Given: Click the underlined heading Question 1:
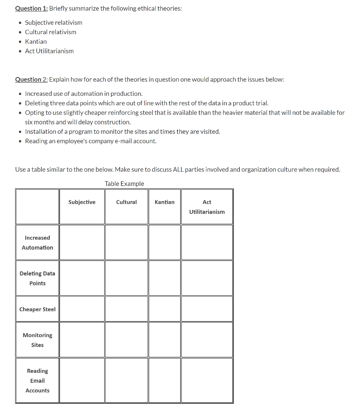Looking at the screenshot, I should (31, 8).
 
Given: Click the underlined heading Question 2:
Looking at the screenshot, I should (31, 79).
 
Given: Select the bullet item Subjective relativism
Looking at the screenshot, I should (54, 23).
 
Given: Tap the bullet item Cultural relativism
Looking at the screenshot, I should (51, 32).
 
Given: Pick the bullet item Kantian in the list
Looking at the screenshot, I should (36, 41).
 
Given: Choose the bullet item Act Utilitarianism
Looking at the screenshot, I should (49, 51).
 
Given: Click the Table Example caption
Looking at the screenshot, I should (125, 184).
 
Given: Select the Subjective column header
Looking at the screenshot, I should (82, 202).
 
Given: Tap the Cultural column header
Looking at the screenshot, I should (126, 202).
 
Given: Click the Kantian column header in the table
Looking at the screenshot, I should (165, 202).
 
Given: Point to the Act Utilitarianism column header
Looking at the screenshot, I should (207, 207).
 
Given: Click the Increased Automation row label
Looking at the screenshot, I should (37, 242).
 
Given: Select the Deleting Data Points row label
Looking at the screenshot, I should (37, 278).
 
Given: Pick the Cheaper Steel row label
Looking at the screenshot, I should (37, 309).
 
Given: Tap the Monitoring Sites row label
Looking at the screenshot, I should (37, 340).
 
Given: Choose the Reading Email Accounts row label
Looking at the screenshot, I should (37, 380).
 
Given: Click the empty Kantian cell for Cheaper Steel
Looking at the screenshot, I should (165, 309).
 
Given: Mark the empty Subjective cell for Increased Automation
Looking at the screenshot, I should (82, 242).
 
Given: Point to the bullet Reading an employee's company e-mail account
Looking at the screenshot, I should (91, 141).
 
